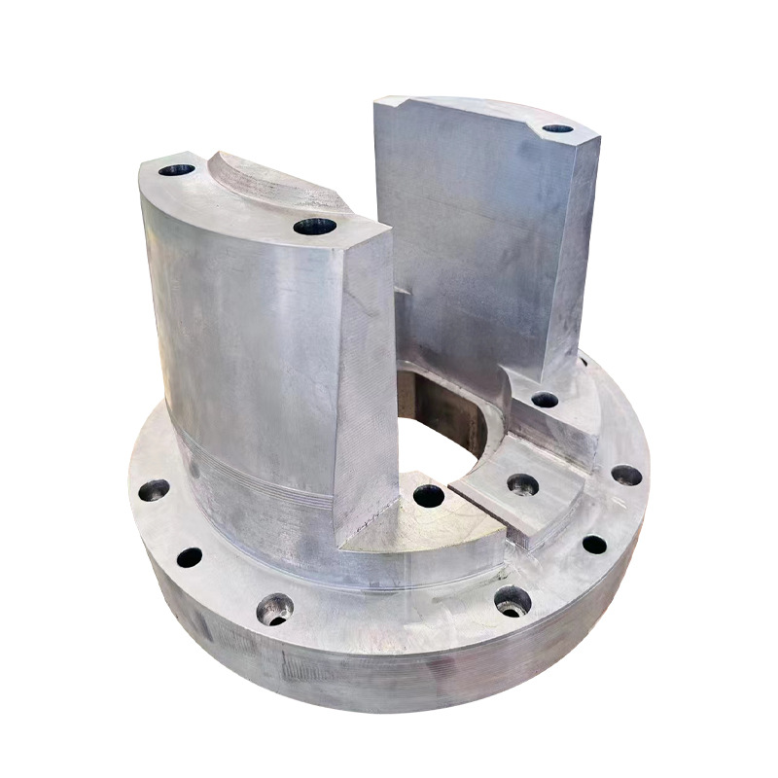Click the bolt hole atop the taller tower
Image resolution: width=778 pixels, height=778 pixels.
[557, 128]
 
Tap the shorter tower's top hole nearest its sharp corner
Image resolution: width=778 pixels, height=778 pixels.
[314, 229]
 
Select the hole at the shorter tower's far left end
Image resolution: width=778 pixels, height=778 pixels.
[177, 170]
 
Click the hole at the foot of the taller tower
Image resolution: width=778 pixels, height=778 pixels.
[545, 399]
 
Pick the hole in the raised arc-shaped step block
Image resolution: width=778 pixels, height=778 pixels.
[521, 483]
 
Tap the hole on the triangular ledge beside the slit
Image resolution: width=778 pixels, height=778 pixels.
[429, 496]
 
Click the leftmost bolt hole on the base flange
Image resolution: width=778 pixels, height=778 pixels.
[154, 490]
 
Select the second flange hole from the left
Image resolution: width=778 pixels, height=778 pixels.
[190, 557]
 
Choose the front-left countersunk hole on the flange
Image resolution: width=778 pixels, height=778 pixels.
[275, 610]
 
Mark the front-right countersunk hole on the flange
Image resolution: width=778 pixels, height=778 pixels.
[513, 602]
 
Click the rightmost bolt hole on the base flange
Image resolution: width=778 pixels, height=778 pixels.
[626, 476]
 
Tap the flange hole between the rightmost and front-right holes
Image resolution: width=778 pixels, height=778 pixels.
[594, 545]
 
